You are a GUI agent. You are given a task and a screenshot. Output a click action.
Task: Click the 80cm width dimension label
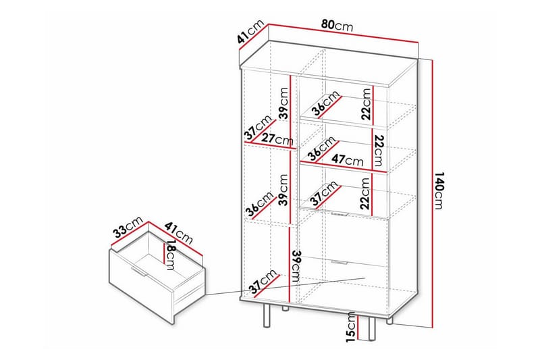(x=337, y=25)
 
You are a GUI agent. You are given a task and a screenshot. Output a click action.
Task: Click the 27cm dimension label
(x=277, y=140)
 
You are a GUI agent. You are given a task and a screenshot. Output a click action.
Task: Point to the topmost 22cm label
(x=365, y=103)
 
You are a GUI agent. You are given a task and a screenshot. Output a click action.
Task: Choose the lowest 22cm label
(x=365, y=194)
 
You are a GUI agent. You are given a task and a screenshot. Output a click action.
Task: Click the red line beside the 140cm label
(x=429, y=192)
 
